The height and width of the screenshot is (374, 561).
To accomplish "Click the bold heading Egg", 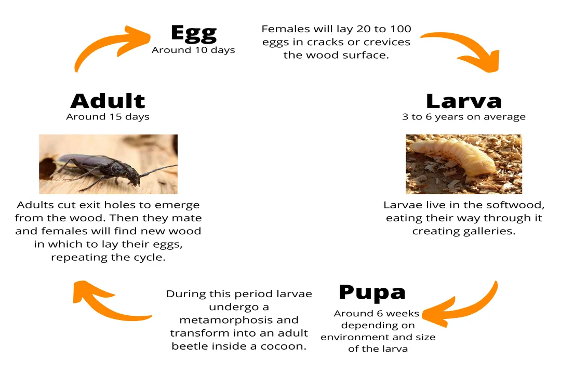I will [x=193, y=33].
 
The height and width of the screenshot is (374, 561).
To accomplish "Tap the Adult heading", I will [x=108, y=100].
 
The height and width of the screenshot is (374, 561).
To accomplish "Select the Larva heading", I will [x=463, y=101].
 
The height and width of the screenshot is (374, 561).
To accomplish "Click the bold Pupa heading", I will [x=372, y=292].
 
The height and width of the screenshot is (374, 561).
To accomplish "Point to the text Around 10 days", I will [x=193, y=50].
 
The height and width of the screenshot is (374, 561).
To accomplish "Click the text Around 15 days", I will [x=108, y=117].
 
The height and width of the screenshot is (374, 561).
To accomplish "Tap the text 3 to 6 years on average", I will [x=463, y=117].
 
